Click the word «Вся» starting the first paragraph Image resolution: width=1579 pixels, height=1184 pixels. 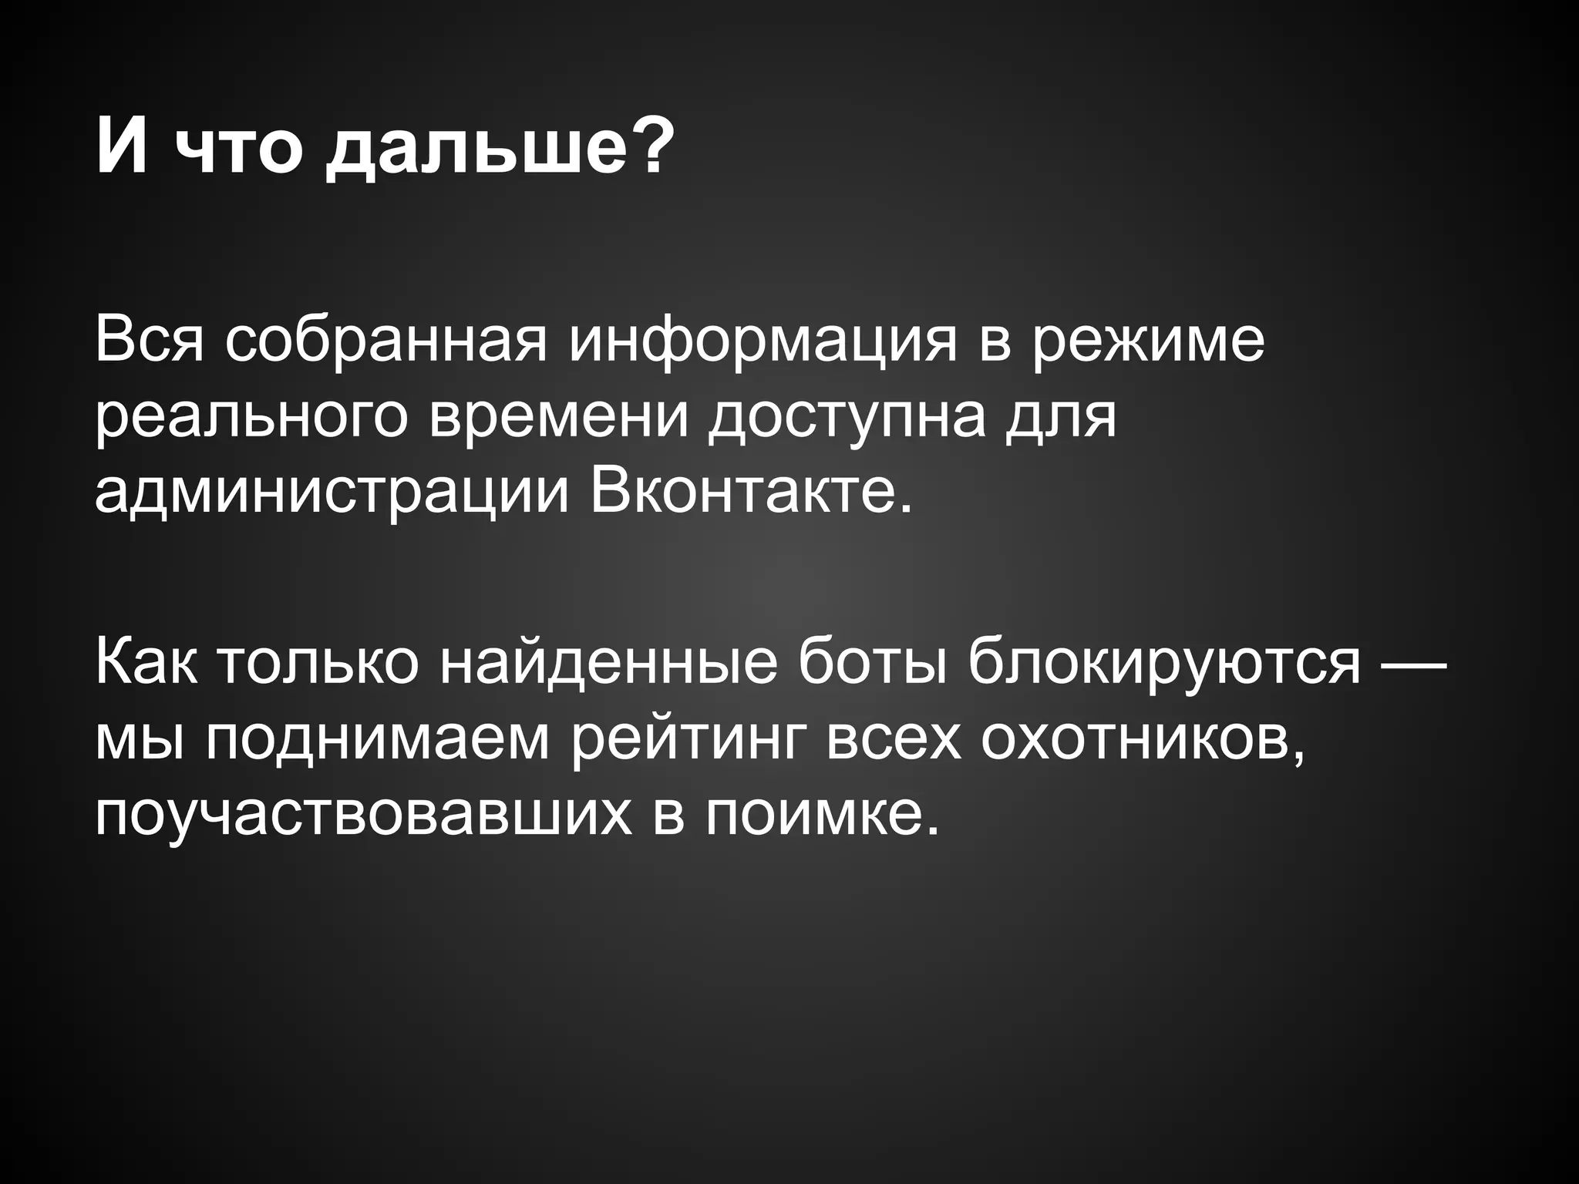150,339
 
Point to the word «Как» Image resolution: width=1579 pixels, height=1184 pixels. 146,663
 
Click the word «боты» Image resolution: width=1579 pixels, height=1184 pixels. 872,663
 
